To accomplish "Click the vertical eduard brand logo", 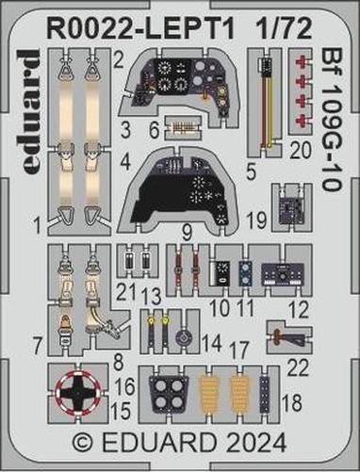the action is [31, 111].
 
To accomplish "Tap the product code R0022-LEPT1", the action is [140, 28].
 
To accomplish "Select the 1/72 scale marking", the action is [283, 28].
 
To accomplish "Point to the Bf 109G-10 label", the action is [331, 120].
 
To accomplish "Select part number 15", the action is [122, 411].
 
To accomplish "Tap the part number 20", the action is [301, 150].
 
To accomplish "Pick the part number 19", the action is [256, 220].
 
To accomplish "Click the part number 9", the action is [187, 233].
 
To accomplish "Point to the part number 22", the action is [299, 367].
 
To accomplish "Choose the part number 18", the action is [292, 402].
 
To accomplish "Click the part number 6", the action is [155, 130].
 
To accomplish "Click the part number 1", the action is [38, 226].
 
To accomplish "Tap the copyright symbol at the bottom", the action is [83, 443].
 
